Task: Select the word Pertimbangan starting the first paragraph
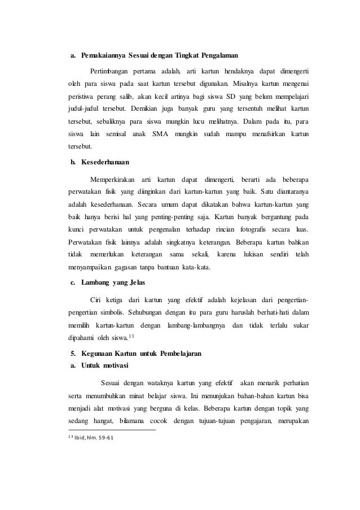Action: [108, 71]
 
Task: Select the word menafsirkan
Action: [260, 133]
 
